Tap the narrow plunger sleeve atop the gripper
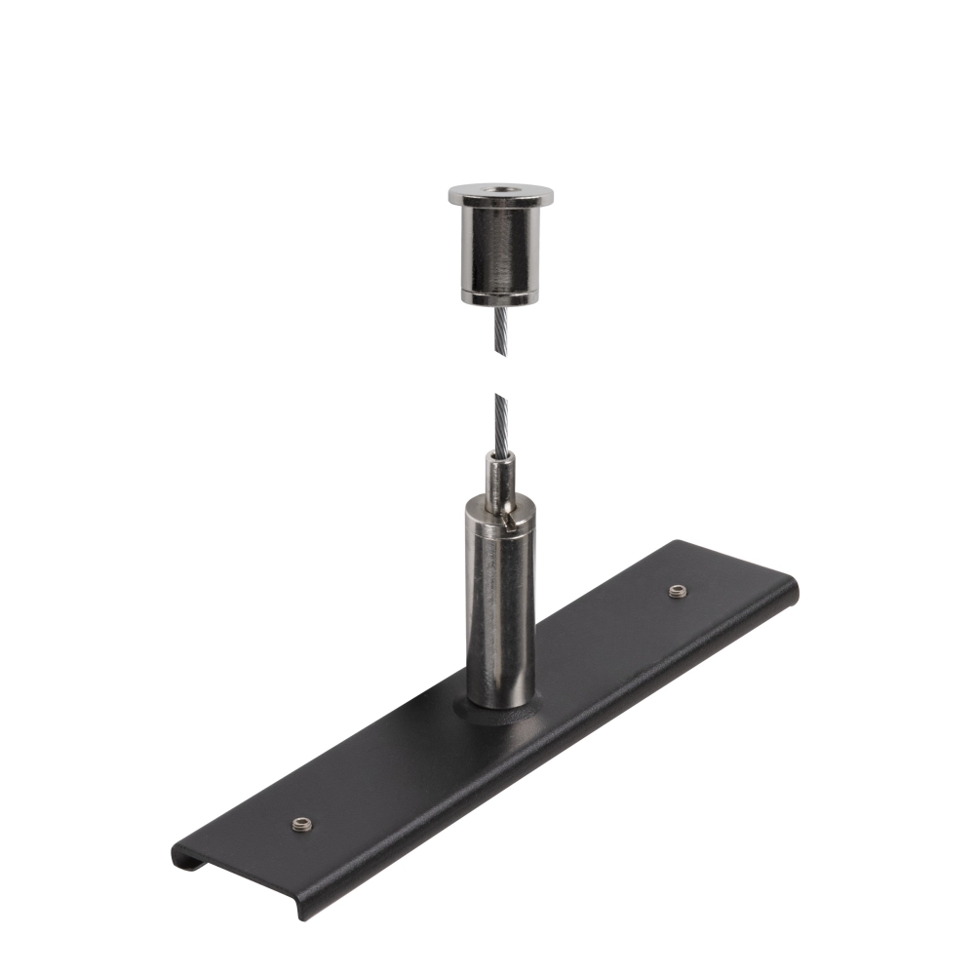point(500,483)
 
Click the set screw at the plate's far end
point(677,590)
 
